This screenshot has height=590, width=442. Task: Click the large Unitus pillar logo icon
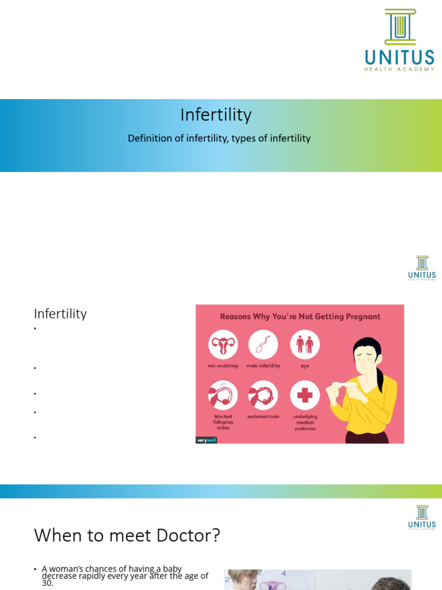(x=400, y=27)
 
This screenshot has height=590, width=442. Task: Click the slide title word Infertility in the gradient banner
(x=216, y=115)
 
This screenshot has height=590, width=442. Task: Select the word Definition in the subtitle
(x=151, y=138)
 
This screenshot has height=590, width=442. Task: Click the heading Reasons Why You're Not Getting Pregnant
(x=300, y=316)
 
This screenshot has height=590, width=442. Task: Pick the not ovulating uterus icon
(x=223, y=345)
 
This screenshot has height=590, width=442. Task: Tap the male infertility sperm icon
(x=263, y=345)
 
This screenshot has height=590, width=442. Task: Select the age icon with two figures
(x=304, y=345)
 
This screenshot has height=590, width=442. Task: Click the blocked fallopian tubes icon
(x=223, y=395)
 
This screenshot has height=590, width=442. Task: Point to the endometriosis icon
(x=263, y=395)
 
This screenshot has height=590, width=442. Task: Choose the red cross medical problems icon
(x=304, y=395)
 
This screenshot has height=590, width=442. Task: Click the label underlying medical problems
(x=304, y=422)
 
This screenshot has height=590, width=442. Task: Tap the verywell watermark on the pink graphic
(x=205, y=440)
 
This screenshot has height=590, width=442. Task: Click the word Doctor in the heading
(x=194, y=535)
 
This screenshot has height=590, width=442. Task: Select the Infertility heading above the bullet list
(x=60, y=314)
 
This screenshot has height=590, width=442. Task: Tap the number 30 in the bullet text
(x=47, y=583)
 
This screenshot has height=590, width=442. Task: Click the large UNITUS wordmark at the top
(x=399, y=58)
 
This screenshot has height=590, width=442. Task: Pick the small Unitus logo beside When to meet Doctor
(x=422, y=517)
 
